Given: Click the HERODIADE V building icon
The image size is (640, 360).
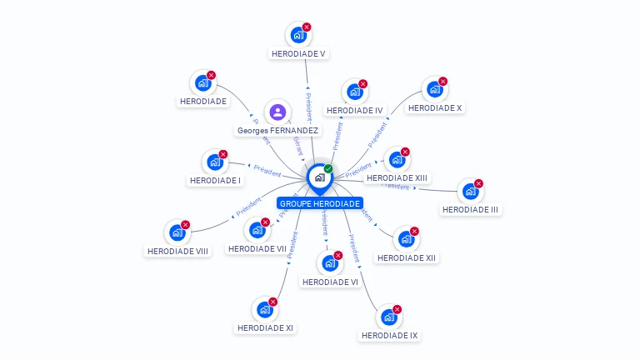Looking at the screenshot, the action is pos(297,36).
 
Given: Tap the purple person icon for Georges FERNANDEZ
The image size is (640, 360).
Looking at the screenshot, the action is pos(277,112).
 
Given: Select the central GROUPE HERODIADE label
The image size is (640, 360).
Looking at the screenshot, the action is pos(320,203).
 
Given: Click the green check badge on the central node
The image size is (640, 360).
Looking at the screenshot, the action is pos(328,169).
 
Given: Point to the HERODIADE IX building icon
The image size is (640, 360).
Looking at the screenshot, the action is pos(388,317).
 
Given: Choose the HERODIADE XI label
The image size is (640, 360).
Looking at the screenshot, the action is pos(265,327).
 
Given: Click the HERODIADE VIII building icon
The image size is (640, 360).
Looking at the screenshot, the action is pos(177,233).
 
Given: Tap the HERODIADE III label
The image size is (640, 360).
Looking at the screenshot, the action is pos(471,209).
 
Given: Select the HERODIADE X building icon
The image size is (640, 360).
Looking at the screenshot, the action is pos(434,90).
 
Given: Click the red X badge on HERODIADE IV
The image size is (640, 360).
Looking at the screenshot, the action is pos(363,84).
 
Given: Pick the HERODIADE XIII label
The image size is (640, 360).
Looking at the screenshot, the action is pos(397,177).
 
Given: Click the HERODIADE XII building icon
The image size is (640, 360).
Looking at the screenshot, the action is pos(406,240).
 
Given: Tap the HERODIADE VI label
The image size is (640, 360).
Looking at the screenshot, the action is pos(330,282).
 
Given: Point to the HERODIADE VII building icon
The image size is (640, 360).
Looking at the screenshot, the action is pos(257,231).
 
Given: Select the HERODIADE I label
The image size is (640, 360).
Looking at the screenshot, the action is pos(215,180).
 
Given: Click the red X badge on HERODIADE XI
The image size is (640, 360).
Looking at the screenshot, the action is pos(273,302).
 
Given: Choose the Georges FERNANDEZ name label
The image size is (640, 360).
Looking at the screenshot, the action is pos(277,130).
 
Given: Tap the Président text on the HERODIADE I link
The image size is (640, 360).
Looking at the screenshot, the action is pos(267,170).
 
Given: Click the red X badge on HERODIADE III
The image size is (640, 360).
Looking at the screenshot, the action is pos(478,183).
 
